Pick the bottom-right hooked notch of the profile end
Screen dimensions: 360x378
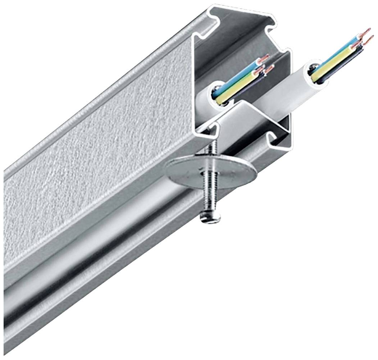tap(277, 140)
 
